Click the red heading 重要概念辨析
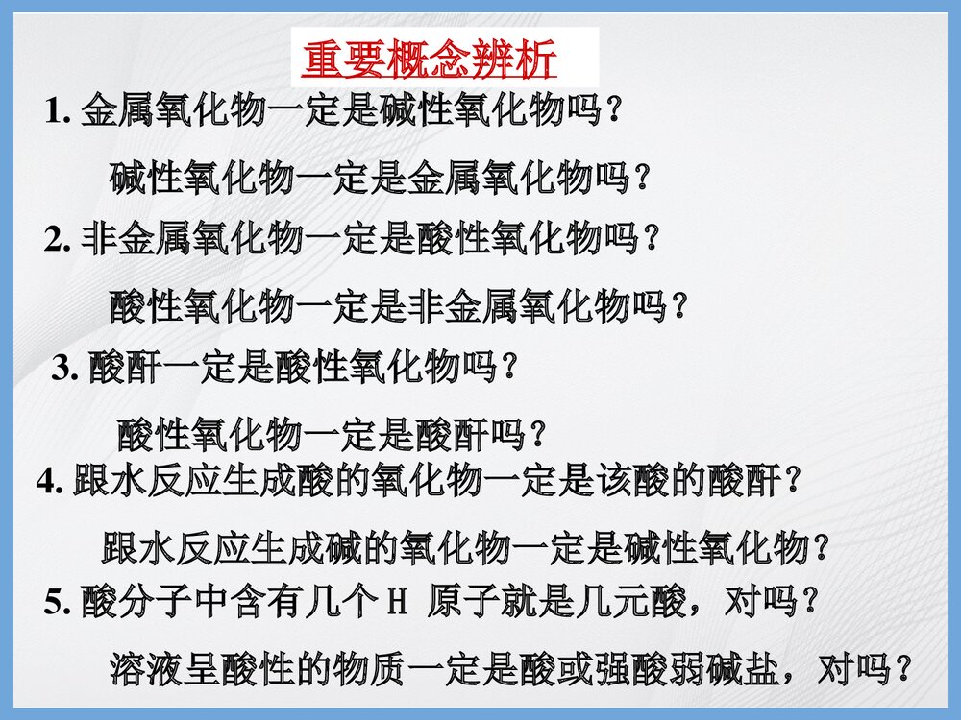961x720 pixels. [x=430, y=60]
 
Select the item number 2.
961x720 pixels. [x=53, y=239]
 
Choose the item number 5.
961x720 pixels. [x=53, y=604]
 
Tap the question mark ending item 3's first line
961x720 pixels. [x=511, y=368]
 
